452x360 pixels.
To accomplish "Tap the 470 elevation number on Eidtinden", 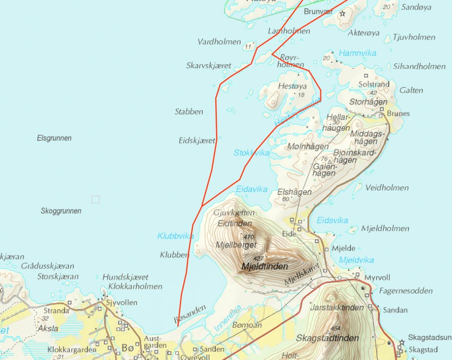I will point(249,237).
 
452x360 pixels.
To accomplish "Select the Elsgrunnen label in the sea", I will point(54,138).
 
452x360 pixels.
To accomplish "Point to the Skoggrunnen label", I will point(61,211).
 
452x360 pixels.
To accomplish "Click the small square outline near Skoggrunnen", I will point(96,199).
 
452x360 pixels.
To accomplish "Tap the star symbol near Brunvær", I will point(342,14).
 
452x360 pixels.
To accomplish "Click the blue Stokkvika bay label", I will point(252,153).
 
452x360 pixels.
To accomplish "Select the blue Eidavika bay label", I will point(252,189).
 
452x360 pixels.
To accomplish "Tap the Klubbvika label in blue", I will point(175,236).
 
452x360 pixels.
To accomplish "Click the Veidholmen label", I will point(387,188).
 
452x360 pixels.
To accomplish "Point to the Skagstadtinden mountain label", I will point(327,338).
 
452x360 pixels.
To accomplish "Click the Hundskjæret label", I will point(126,277).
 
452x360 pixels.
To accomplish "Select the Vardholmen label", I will point(219,42).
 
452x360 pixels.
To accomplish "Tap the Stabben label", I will point(189,111).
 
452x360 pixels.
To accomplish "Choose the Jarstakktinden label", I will point(337,308).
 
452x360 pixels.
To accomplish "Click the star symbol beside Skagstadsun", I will point(402,342).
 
